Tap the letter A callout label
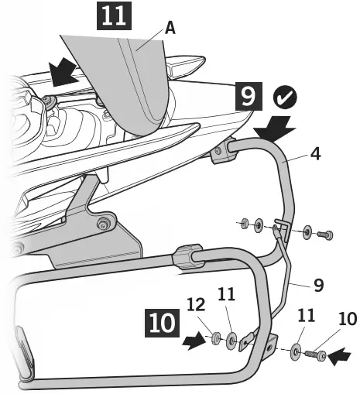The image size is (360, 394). point(170,29)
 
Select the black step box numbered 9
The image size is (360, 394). point(248,98)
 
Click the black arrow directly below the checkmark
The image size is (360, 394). point(274,128)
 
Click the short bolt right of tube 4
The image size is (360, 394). point(326,232)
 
